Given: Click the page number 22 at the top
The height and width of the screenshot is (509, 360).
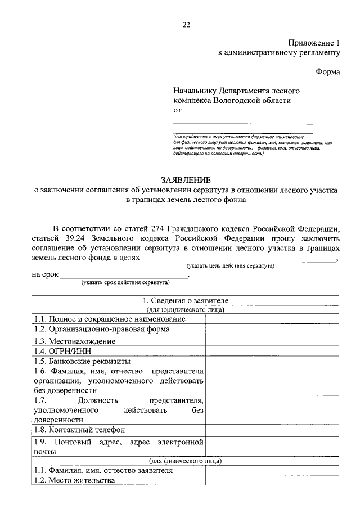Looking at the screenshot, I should click(186, 24).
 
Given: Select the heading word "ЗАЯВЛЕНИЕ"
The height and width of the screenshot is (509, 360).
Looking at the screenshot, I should click(186, 180).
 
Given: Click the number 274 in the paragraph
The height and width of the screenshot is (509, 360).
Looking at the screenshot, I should click(159, 228).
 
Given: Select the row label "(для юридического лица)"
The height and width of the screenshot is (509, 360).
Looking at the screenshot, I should click(186, 309).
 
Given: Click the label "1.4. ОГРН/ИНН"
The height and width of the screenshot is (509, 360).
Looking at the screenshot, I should click(60, 351).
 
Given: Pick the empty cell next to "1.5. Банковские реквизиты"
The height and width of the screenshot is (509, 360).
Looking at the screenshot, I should click(272, 361).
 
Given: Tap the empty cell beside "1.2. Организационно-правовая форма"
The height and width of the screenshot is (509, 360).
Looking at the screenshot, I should click(272, 330).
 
